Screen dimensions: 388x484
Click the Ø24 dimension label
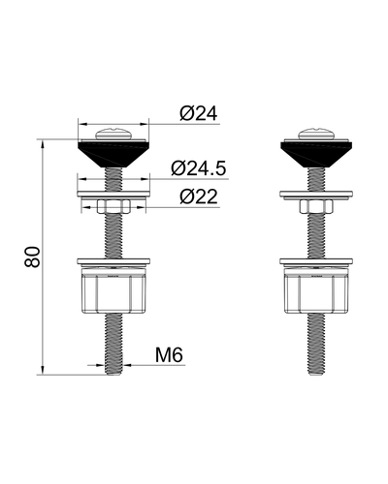(x=199, y=113)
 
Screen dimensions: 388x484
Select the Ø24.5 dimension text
(x=199, y=168)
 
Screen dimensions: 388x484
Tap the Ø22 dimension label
(x=199, y=197)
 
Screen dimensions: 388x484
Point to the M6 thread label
(x=169, y=355)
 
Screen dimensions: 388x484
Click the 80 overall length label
(x=32, y=257)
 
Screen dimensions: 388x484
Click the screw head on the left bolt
(x=113, y=134)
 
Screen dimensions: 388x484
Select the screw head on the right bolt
(x=316, y=134)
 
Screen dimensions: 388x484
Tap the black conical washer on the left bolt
(x=113, y=154)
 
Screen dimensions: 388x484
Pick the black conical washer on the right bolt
(x=316, y=154)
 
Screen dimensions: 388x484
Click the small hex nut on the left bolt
(x=113, y=206)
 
